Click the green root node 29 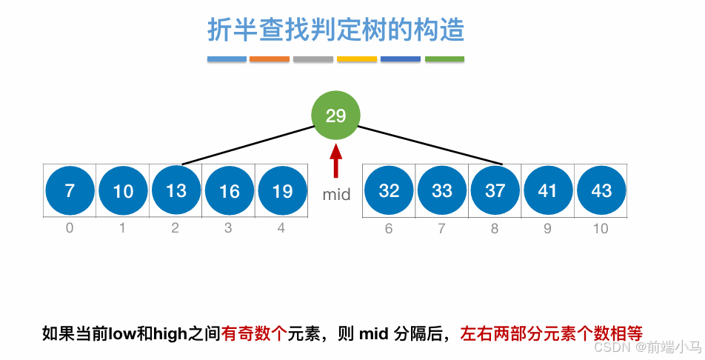pos(335,116)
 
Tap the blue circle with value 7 pos(70,191)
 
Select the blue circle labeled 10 pos(123,191)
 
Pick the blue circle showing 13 pos(176,190)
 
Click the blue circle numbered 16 pos(230,191)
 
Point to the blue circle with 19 pos(282,191)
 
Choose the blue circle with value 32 pos(389,191)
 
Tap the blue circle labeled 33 pos(442,191)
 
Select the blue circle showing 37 pos(495,191)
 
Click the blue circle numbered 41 pos(548,191)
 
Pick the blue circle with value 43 pos(601,191)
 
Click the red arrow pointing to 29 pos(335,162)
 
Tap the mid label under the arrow pos(336,196)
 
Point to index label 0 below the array pos(70,228)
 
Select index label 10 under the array pos(601,228)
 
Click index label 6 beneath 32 pos(389,228)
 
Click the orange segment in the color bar pos(270,59)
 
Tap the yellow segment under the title pos(357,59)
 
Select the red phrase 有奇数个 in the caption pos(254,333)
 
